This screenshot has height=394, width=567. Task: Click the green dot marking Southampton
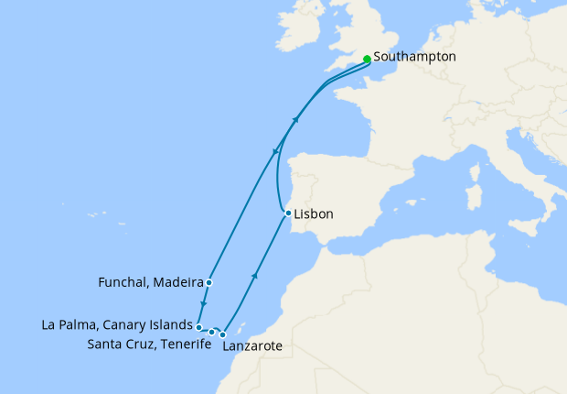click(x=367, y=59)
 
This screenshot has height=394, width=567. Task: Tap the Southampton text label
click(x=414, y=57)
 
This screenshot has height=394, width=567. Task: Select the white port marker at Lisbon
click(x=288, y=213)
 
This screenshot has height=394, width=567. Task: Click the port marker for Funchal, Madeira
click(x=209, y=282)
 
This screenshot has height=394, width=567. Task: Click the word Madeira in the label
click(x=178, y=283)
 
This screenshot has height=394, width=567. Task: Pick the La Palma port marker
click(x=198, y=326)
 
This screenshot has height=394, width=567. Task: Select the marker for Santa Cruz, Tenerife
click(x=212, y=332)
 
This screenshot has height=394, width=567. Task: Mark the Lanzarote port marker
click(x=223, y=334)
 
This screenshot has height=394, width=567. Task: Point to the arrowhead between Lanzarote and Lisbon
click(x=254, y=275)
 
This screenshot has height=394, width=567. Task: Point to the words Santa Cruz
click(x=116, y=345)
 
